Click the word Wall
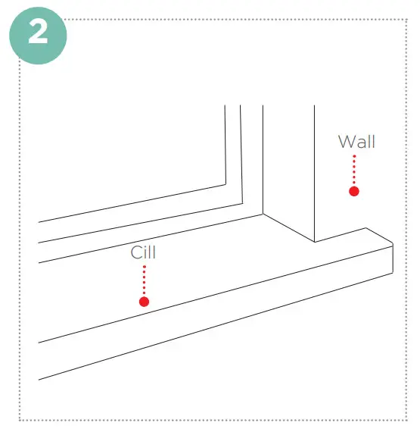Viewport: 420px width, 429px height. point(356,142)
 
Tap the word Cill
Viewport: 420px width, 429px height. point(143,252)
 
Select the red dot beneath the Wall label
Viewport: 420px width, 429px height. point(353,191)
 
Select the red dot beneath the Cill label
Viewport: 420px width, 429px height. point(144,302)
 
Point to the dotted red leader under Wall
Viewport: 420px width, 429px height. point(353,170)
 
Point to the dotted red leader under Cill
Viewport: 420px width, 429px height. point(144,280)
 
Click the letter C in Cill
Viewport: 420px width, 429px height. point(135,252)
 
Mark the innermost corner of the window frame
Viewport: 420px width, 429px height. point(226,183)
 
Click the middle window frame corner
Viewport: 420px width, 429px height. point(241,202)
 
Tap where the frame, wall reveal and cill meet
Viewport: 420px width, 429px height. point(263,214)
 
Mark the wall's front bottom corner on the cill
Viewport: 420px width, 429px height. point(314,242)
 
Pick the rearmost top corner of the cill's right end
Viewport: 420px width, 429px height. point(366,228)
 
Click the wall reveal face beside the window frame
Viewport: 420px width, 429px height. point(288,167)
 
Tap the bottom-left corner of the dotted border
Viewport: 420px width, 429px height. point(20,419)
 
